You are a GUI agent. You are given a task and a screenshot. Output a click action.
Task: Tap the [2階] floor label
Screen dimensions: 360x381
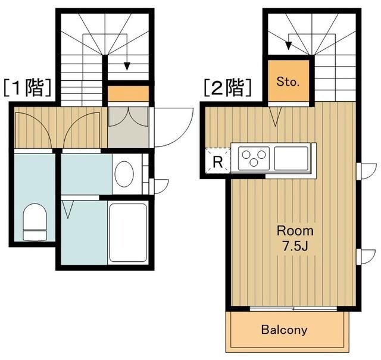[226, 88]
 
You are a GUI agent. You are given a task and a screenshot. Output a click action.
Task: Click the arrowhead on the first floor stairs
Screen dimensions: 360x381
[127, 66]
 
